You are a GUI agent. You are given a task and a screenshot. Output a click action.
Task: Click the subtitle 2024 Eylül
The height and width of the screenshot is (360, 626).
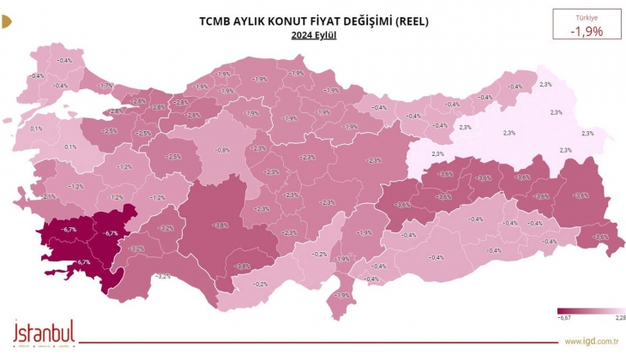[313, 35]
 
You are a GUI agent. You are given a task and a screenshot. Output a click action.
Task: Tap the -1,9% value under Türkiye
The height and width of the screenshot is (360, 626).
[587, 32]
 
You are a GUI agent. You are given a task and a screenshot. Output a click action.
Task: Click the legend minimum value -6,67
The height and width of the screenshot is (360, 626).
[563, 318]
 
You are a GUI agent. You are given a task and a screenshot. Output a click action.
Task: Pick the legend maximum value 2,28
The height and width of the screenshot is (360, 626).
[619, 318]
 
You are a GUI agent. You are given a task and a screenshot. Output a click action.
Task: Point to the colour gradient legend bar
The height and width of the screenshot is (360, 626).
[591, 310]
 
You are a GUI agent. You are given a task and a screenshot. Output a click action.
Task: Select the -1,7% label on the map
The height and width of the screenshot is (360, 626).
[106, 86]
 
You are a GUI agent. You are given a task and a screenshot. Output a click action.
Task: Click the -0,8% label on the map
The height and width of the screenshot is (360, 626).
[222, 151]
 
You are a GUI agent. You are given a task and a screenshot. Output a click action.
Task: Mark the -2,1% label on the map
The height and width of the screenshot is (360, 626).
[49, 196]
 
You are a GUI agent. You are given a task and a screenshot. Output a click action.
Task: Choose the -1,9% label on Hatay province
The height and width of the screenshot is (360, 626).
[342, 296]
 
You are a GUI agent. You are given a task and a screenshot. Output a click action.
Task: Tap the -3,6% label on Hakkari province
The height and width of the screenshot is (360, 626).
[600, 237]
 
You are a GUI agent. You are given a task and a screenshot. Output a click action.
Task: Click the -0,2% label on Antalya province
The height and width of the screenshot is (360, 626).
[261, 284]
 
